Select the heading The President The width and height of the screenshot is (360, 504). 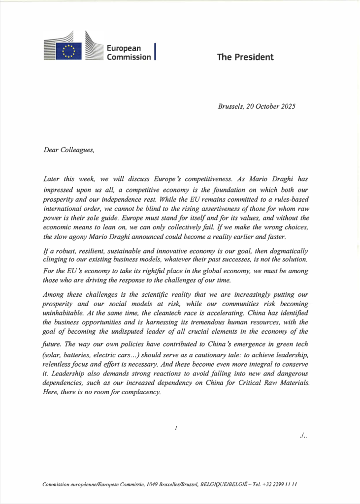pos(245,57)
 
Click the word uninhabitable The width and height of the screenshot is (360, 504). pos(66,312)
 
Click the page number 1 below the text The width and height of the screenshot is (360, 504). pos(176,429)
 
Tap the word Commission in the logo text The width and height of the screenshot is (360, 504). pos(129,57)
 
